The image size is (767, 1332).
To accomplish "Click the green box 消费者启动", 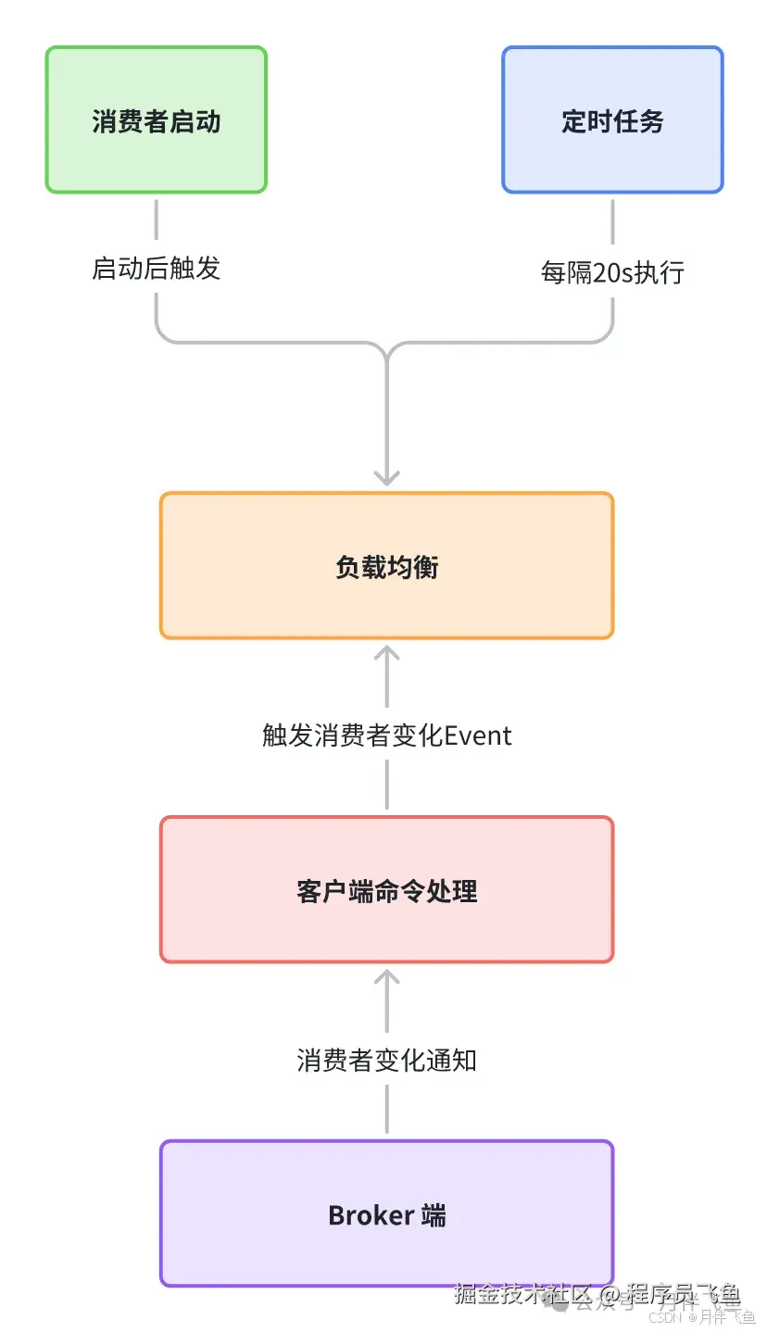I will [157, 120].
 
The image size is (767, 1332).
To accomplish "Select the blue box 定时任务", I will [612, 120].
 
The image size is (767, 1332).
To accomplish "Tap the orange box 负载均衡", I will [386, 566].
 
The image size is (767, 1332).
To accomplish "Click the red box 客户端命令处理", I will [386, 890].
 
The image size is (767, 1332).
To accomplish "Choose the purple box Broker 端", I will [386, 1214].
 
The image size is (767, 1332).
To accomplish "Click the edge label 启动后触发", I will [157, 269].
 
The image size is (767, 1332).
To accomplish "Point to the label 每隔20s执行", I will [612, 271].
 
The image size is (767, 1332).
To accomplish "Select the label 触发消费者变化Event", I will [386, 735].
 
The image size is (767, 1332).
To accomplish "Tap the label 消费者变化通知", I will [386, 1060].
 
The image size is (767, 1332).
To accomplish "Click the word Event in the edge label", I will [478, 735].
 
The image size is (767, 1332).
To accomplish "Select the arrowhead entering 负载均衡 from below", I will [386, 651].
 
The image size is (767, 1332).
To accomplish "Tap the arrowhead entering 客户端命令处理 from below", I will [386, 975].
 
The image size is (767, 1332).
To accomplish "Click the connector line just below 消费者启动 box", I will [157, 220].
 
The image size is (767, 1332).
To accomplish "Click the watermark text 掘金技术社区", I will [522, 1293].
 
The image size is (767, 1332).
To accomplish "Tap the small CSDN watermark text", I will [664, 1317].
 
